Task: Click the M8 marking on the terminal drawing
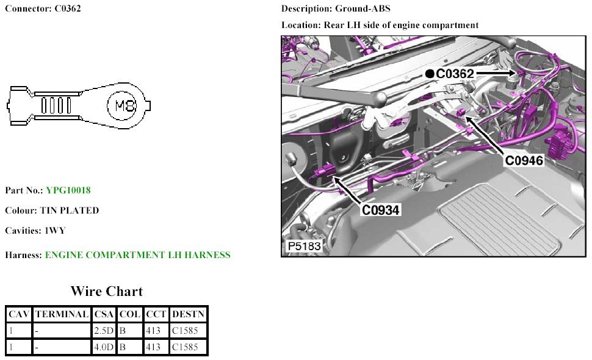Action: coord(125,106)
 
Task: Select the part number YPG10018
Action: coord(68,190)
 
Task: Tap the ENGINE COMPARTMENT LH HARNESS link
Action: coord(138,255)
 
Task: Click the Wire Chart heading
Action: coord(107,291)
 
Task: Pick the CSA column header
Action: coord(104,314)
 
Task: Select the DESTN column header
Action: coord(188,314)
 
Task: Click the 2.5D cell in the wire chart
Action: coord(104,331)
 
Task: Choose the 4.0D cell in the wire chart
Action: coord(104,347)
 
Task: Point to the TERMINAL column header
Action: coord(62,314)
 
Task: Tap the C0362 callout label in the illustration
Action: coord(455,74)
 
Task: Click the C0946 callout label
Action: coord(524,160)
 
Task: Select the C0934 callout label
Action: coord(381,210)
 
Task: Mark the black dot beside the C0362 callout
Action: coord(430,74)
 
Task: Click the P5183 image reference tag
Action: coord(305,247)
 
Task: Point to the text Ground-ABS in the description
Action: coord(363,9)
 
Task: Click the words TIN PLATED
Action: coord(70,211)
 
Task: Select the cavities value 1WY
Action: coord(55,231)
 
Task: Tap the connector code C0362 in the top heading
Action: coord(68,9)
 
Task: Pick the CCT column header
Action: coord(156,314)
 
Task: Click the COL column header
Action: coord(130,314)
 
